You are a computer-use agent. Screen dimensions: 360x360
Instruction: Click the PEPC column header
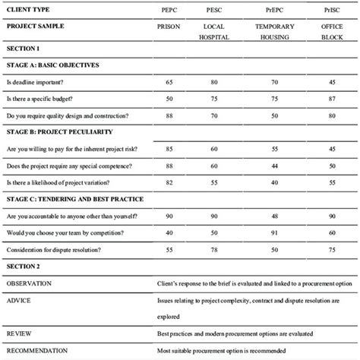168,10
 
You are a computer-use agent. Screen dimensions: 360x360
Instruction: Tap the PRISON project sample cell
168,25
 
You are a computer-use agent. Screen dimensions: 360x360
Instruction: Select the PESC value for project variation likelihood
215,182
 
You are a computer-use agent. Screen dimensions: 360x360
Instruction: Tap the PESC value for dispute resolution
215,249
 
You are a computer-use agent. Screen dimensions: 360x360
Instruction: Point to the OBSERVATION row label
28,283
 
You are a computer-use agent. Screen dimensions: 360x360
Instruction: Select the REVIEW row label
17,333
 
